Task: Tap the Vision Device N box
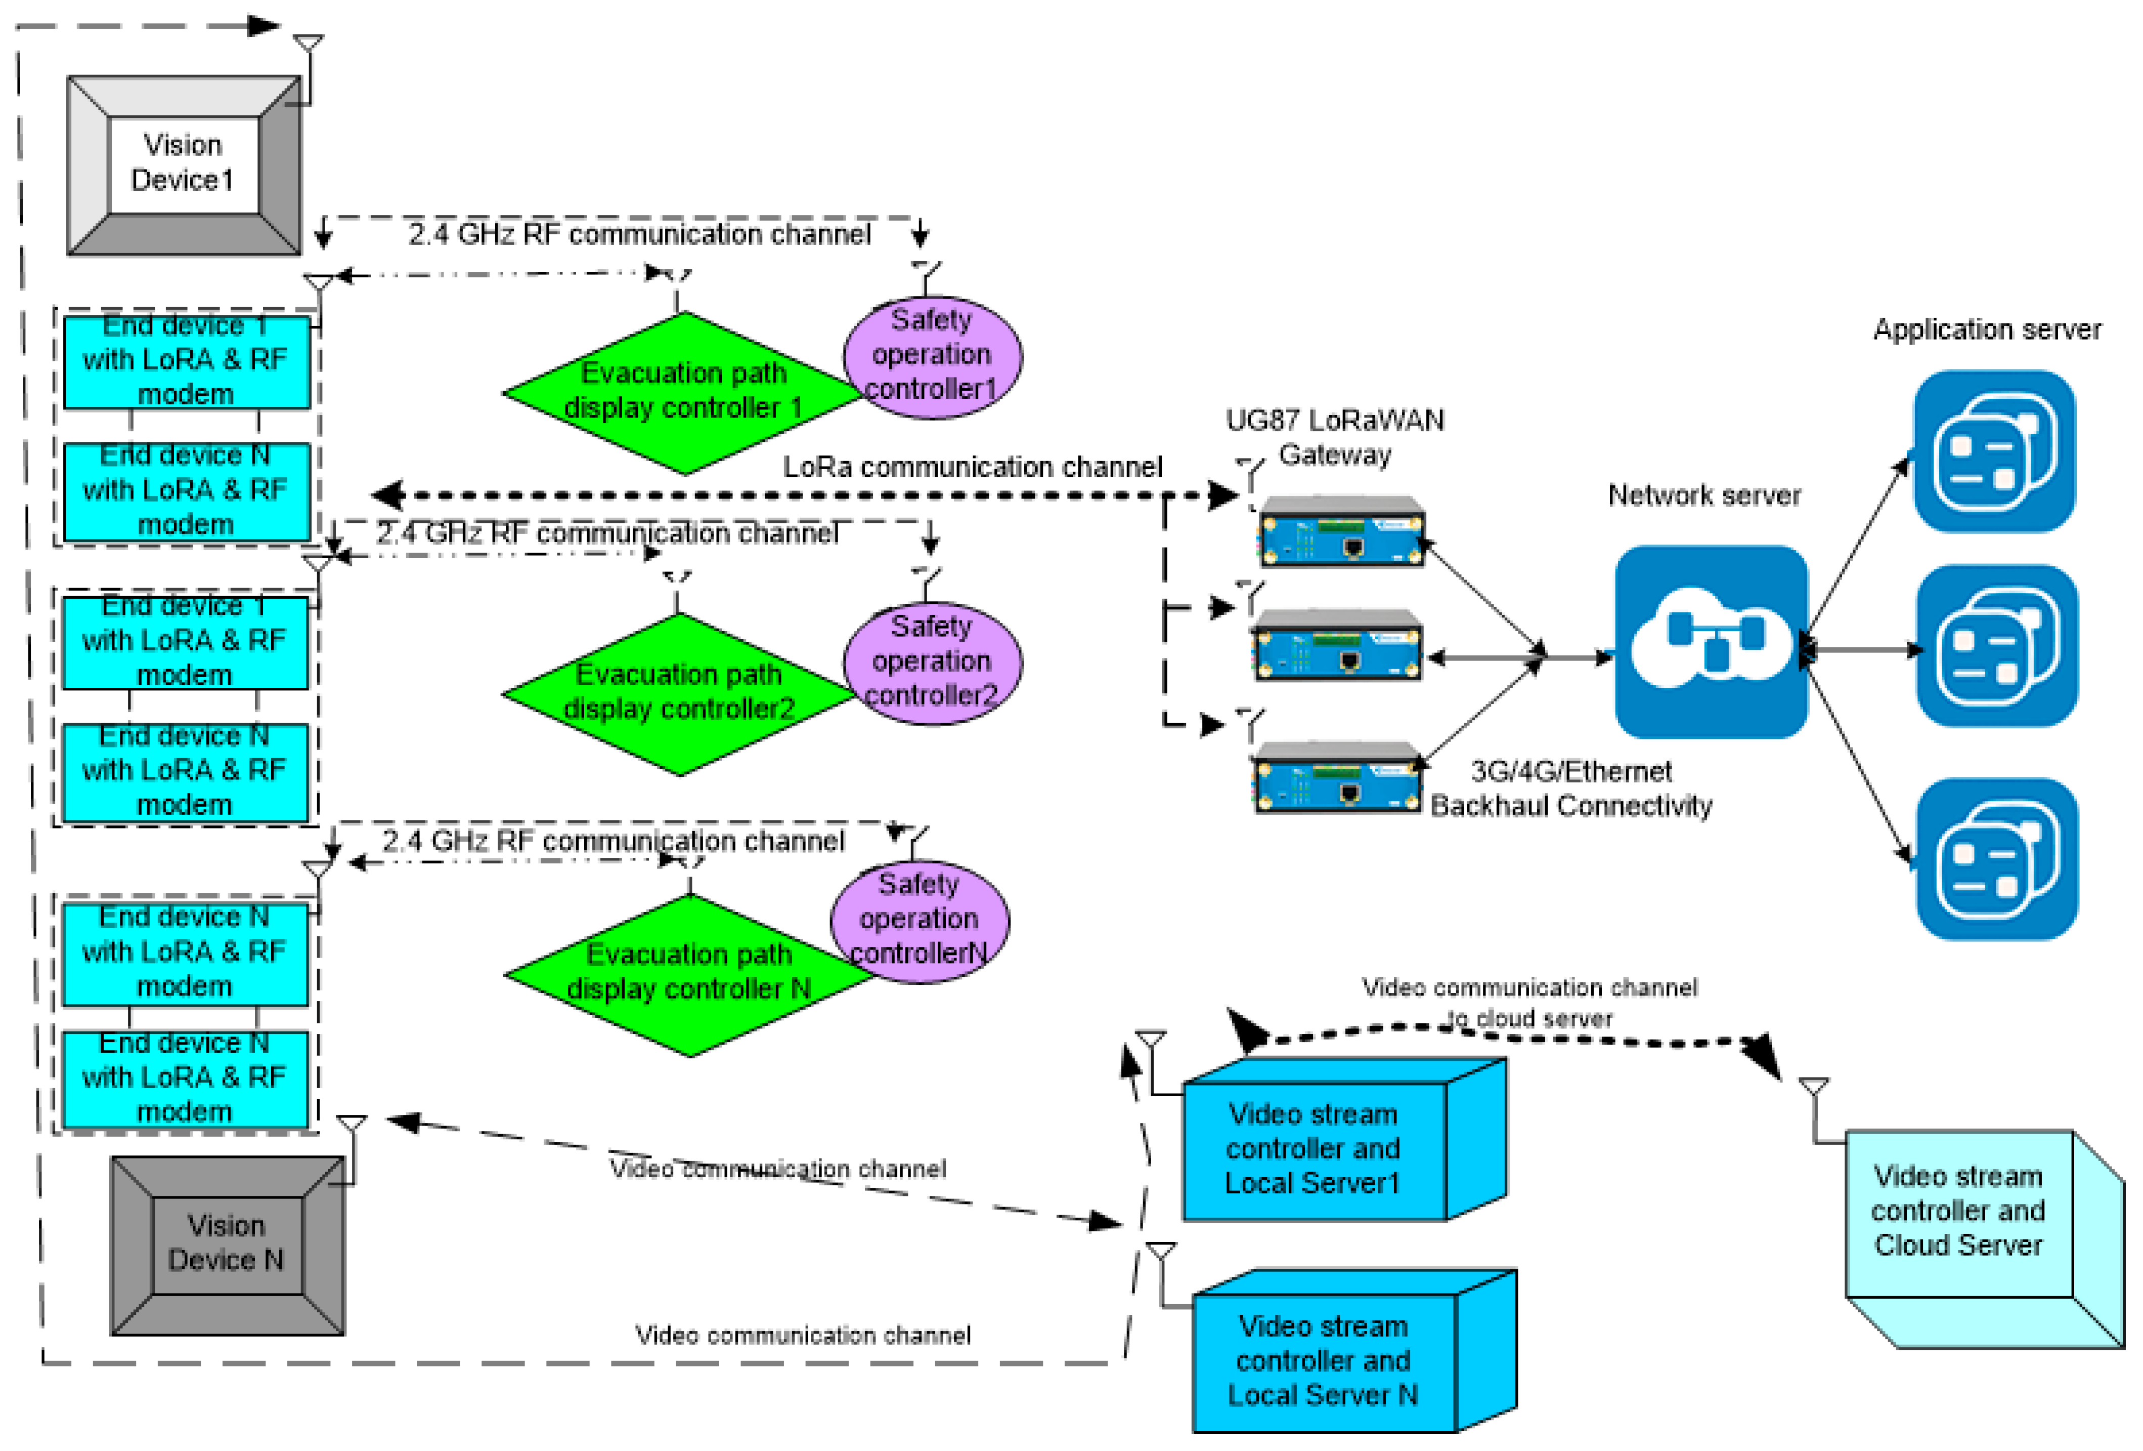(x=227, y=1245)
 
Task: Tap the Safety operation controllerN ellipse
(x=920, y=920)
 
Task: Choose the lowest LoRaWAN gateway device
(x=1337, y=777)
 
